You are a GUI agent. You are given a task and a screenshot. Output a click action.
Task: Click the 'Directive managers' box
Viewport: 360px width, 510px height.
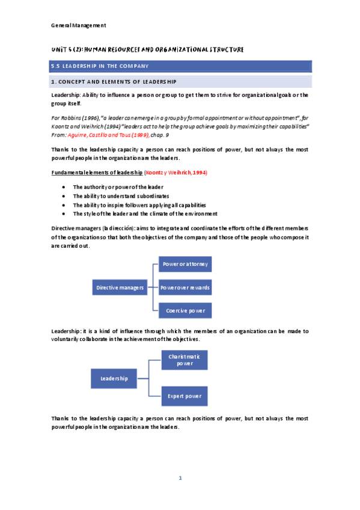(120, 287)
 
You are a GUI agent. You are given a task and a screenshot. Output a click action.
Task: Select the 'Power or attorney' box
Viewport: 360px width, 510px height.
(185, 265)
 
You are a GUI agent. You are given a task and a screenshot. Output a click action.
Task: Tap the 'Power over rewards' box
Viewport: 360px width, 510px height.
(185, 287)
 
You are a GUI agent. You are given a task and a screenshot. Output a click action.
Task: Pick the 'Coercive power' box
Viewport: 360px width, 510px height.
(185, 311)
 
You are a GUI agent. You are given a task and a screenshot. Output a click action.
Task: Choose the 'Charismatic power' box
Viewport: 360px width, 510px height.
(185, 360)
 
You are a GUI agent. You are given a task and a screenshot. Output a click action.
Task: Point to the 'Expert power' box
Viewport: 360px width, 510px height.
(185, 396)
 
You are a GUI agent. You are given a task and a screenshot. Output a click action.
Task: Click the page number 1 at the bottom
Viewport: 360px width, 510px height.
(180, 479)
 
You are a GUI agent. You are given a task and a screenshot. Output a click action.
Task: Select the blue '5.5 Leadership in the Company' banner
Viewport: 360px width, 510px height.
(180, 66)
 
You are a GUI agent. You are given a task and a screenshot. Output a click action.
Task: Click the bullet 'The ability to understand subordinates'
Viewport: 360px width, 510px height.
(121, 196)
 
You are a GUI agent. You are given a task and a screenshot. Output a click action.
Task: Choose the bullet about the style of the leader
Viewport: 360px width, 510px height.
(145, 214)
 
